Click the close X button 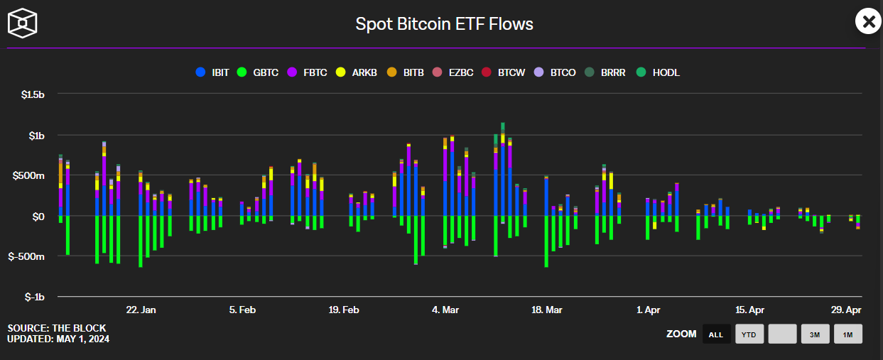pos(867,22)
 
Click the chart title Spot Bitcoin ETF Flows pos(444,24)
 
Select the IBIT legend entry pos(213,72)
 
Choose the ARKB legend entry pos(359,72)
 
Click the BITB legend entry pos(406,72)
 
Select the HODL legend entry pos(659,72)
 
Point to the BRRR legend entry pos(605,72)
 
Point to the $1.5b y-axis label pos(31,95)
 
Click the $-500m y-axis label pos(28,256)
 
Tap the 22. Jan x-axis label pos(141,310)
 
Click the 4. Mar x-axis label pos(445,310)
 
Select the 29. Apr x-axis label pos(846,310)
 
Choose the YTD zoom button pos(749,334)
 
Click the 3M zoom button pos(815,334)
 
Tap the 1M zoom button pos(847,334)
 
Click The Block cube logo pos(23,23)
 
